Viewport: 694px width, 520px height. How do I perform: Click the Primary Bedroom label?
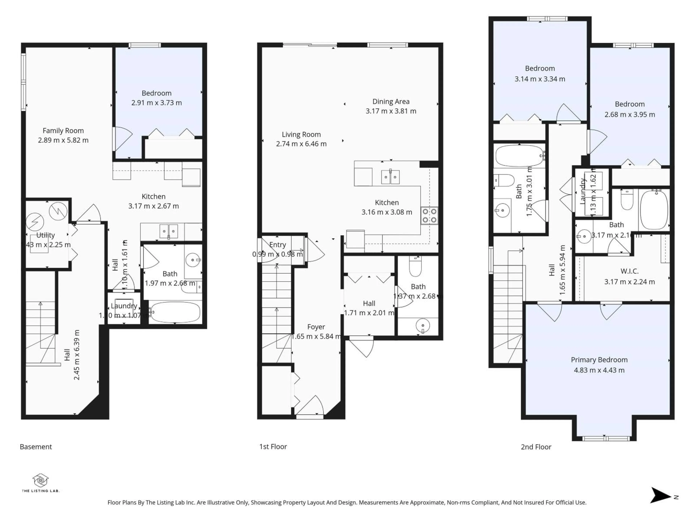click(599, 360)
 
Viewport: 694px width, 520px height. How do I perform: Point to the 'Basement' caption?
click(36, 447)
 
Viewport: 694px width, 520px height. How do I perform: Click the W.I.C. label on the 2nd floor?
click(629, 271)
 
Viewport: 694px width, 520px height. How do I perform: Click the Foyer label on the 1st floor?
click(316, 327)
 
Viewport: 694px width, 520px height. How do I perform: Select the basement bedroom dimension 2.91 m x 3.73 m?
click(156, 103)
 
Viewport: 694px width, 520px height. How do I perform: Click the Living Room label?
click(301, 135)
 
